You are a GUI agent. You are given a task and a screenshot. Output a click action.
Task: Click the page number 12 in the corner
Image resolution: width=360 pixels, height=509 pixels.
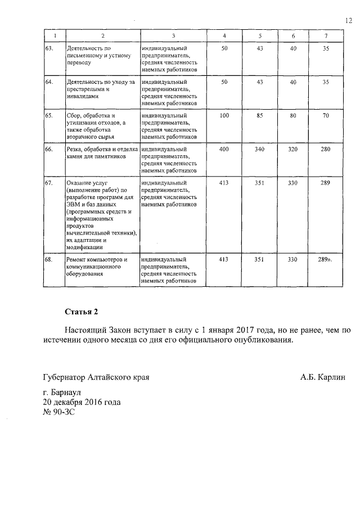[x=348, y=20]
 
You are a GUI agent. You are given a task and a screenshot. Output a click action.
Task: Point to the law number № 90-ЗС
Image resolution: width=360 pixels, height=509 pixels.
[x=59, y=412]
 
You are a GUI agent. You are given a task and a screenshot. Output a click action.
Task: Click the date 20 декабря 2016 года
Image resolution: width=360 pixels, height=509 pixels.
[x=82, y=402]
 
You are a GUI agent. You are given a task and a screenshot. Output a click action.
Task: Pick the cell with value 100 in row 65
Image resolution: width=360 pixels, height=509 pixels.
[x=225, y=115]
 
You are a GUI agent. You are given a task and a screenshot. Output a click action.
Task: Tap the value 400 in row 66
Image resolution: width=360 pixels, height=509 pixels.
[x=225, y=149]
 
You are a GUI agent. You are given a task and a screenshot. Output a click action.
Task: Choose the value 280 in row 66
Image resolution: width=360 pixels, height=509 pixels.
[x=325, y=149]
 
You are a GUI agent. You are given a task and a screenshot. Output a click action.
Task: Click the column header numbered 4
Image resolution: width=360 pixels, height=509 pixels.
[x=225, y=37]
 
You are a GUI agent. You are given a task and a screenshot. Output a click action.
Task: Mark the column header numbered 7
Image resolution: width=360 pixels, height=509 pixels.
[x=325, y=37]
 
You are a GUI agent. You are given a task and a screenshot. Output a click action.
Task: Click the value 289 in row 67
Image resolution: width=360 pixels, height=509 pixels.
[x=325, y=183]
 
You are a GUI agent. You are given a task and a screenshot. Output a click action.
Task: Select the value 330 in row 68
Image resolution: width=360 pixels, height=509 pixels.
[x=293, y=259]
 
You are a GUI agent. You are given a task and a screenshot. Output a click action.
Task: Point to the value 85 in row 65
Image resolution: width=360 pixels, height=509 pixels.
[x=260, y=115]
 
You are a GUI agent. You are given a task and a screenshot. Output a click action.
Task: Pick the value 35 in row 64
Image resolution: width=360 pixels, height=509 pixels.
[x=325, y=82]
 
